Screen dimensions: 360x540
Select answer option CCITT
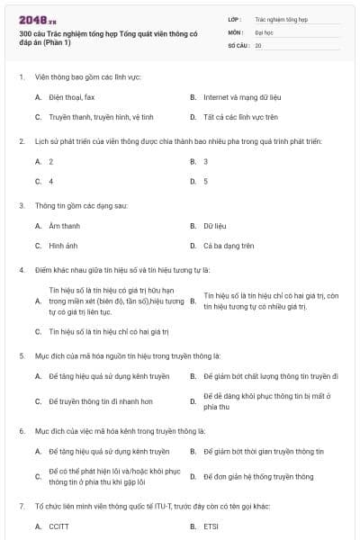tap(59, 526)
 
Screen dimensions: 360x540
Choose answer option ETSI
tap(211, 526)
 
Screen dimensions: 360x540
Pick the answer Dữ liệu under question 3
tap(213, 225)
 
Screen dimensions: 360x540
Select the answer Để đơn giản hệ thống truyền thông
tap(258, 476)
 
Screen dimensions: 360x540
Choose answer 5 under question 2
tap(206, 182)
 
